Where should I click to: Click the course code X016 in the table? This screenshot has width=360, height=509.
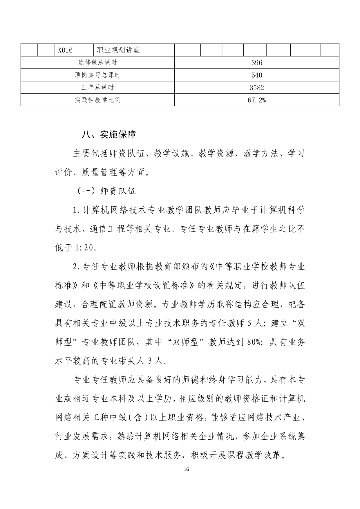coord(65,50)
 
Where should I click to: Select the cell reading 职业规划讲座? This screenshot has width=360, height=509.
coord(118,50)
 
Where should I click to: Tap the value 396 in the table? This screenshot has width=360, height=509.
coord(257,63)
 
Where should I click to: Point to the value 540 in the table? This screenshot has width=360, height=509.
coord(257,75)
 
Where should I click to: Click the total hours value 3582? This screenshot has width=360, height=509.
coord(257,88)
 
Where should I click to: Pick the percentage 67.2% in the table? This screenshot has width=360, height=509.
coord(257,100)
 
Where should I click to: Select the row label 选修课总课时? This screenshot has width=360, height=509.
coord(97,63)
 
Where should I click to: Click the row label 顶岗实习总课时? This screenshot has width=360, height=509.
coord(97,75)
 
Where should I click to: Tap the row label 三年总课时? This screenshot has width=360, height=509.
coord(97,88)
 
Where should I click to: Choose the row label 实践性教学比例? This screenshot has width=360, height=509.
coord(97,100)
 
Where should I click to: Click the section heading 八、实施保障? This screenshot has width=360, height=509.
coord(109,135)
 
